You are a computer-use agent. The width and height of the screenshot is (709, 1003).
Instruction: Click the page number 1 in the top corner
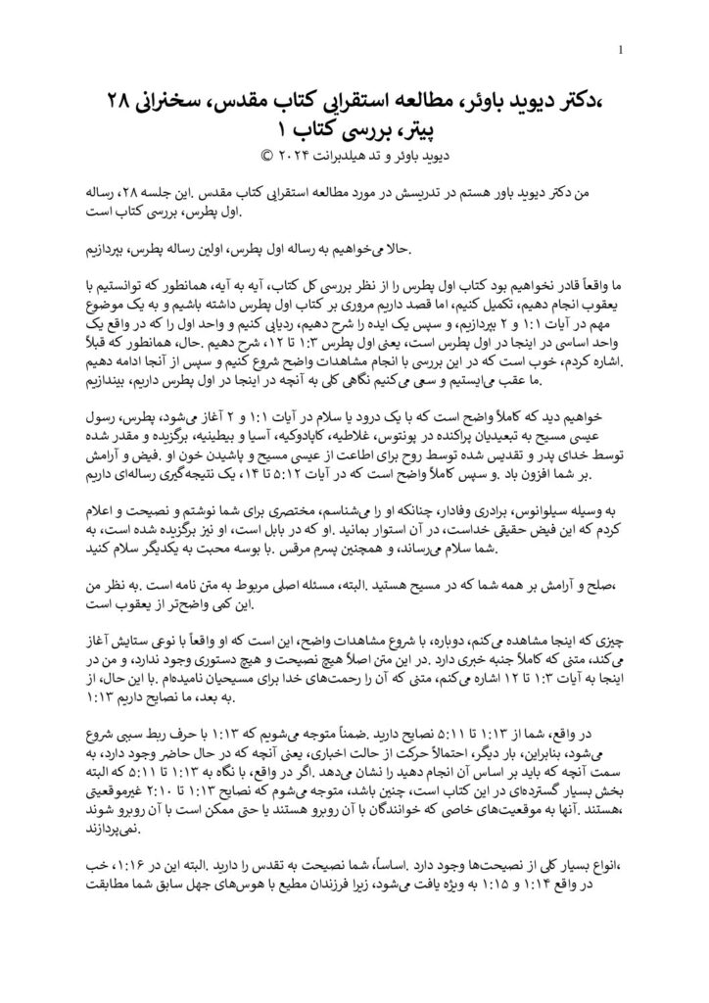click(625, 51)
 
